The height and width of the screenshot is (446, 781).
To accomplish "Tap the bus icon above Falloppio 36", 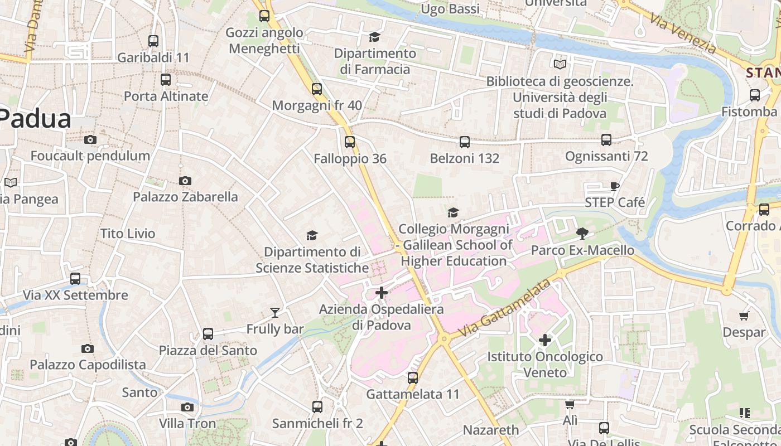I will pos(350,142).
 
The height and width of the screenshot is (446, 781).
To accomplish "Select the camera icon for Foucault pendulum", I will pos(90,140).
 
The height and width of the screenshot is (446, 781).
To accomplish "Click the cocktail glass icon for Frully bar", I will pos(274,313).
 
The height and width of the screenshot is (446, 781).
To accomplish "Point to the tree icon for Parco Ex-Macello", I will pos(582,233).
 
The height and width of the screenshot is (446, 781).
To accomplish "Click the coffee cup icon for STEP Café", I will pos(614,187).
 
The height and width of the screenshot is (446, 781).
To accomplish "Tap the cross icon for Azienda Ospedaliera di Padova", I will pos(382,293).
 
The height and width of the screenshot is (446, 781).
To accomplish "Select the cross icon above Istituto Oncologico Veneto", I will pos(545,340).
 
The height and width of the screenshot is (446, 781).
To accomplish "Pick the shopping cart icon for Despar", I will pos(744,316).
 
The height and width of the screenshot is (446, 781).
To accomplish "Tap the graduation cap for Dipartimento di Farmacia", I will pos(374,37).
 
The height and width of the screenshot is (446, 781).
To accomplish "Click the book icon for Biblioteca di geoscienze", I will pos(560,64).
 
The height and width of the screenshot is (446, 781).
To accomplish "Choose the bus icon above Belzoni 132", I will pos(464,142).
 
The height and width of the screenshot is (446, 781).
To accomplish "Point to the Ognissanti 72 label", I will pos(606,156).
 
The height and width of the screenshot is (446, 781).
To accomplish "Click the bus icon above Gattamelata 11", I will pos(413,378).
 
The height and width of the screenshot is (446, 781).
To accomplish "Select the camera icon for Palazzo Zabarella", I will pos(185,181).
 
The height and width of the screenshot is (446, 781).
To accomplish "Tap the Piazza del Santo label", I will pos(208,351).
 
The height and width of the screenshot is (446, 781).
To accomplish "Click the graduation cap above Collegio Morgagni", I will pos(453,212).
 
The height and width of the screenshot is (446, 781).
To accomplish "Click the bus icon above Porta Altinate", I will pos(166,80).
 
